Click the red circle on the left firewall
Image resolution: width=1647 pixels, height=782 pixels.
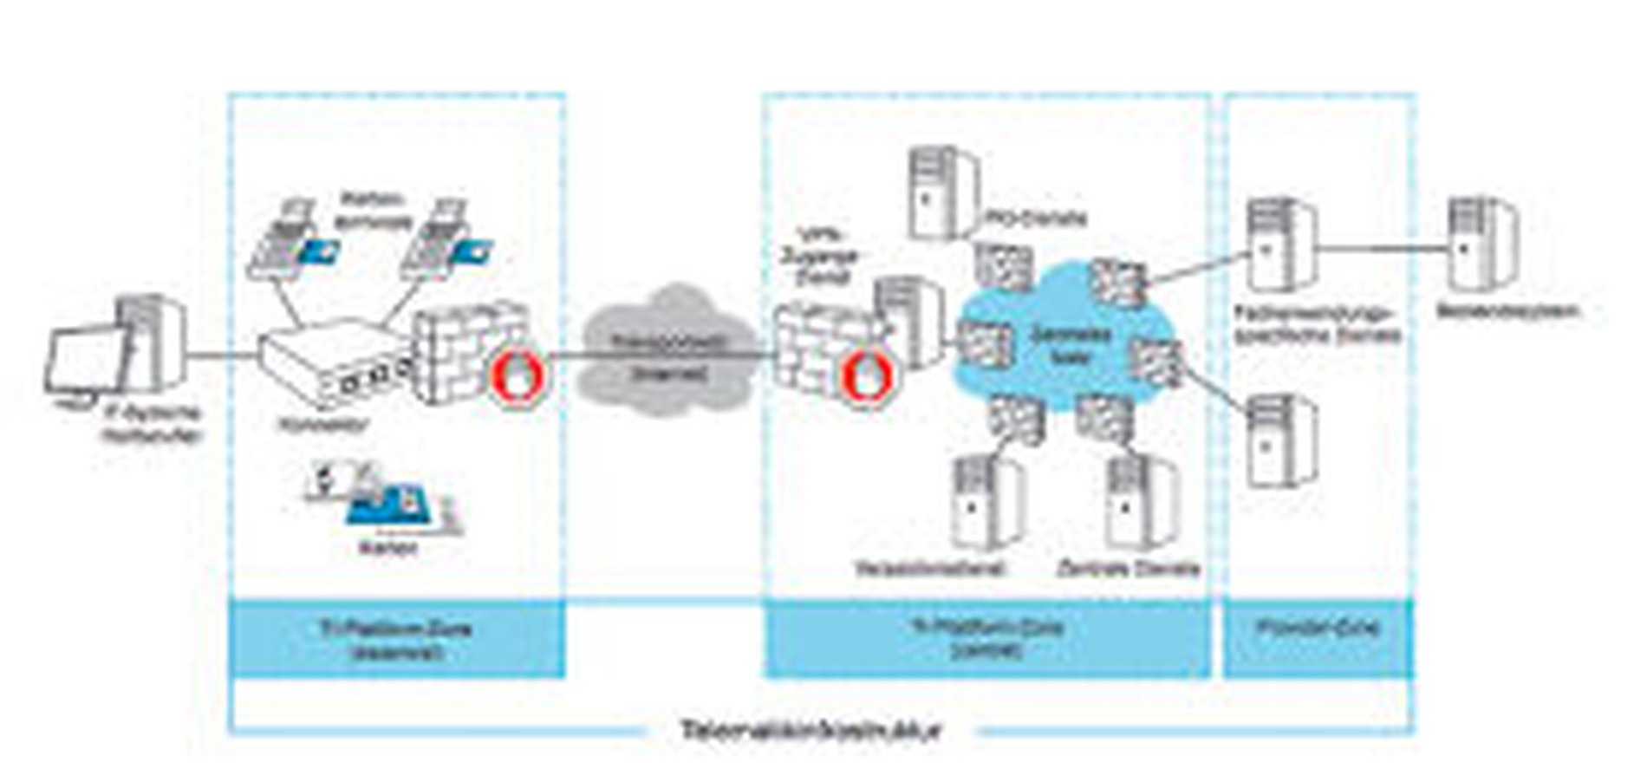[518, 375]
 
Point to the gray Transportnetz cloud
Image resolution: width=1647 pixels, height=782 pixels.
[667, 351]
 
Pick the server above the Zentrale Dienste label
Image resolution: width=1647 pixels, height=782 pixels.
[1140, 503]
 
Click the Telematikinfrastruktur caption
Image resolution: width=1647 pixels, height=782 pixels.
[810, 730]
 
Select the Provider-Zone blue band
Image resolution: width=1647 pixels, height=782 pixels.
[1318, 637]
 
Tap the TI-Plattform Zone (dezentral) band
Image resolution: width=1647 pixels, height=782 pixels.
[396, 638]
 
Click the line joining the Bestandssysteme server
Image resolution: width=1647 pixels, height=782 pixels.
[1383, 249]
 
